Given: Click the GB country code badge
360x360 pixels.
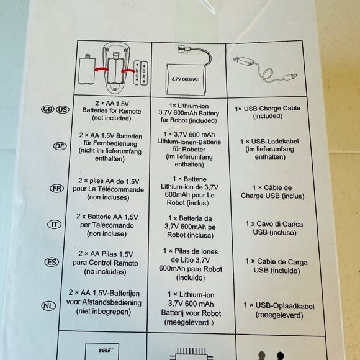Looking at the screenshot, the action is (48, 109).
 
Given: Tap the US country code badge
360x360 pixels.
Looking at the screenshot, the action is (63, 109).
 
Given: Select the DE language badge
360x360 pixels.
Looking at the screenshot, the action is (60, 146).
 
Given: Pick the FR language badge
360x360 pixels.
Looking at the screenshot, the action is (56, 189).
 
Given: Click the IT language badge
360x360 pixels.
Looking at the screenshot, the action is (54, 224).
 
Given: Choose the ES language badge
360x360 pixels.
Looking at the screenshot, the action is (52, 262).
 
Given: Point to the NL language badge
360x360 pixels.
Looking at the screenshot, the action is (48, 306).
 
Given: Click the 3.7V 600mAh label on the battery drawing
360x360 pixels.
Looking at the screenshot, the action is (186, 79).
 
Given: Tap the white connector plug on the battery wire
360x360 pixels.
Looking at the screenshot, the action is (184, 49).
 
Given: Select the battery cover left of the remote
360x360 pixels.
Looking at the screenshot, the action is (87, 70).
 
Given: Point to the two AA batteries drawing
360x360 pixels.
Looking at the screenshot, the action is (141, 73).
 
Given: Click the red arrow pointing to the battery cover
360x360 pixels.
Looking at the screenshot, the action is (101, 70).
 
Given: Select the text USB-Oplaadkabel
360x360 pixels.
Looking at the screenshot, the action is (285, 306).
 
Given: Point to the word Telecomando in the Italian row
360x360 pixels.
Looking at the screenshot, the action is (107, 225).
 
